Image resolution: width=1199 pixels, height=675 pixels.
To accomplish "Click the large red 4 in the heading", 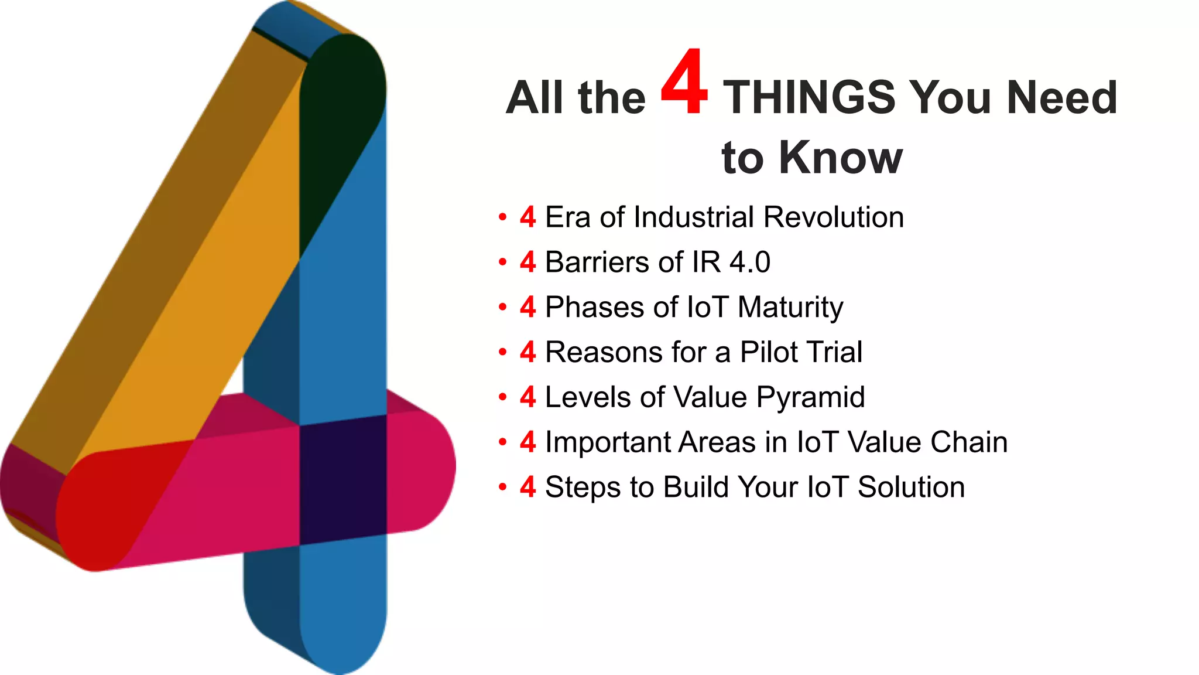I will [x=684, y=83].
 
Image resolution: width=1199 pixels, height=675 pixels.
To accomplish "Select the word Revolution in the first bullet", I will [x=834, y=217].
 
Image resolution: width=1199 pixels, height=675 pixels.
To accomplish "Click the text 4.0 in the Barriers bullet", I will [x=749, y=262].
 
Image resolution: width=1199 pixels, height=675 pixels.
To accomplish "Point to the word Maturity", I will [x=790, y=308].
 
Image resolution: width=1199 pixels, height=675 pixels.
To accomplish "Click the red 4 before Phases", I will [x=527, y=308].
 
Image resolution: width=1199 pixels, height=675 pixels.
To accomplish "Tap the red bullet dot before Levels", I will [x=502, y=397].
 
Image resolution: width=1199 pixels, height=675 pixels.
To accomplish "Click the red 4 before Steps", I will [x=527, y=487].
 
